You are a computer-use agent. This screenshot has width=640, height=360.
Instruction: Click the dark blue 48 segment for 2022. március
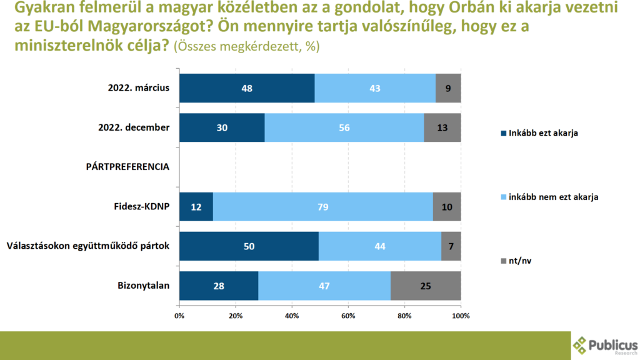tap(247, 88)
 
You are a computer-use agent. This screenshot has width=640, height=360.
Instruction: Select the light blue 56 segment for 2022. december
tap(344, 127)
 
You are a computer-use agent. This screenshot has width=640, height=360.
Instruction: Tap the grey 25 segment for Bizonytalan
tap(426, 286)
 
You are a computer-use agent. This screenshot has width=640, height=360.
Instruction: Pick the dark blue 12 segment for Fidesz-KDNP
tap(196, 207)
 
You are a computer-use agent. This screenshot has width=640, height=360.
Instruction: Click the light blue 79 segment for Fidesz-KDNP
tap(322, 207)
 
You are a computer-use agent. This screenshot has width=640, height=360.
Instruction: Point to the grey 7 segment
tap(451, 246)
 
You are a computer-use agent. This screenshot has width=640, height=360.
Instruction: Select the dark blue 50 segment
tap(249, 246)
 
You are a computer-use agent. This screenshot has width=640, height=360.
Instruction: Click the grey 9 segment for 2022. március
tap(448, 88)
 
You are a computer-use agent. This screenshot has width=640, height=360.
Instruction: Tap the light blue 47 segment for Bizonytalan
tap(324, 286)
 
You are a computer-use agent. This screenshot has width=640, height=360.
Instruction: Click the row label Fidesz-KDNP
tap(144, 207)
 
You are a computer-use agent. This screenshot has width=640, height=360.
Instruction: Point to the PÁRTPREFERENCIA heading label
tap(128, 167)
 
